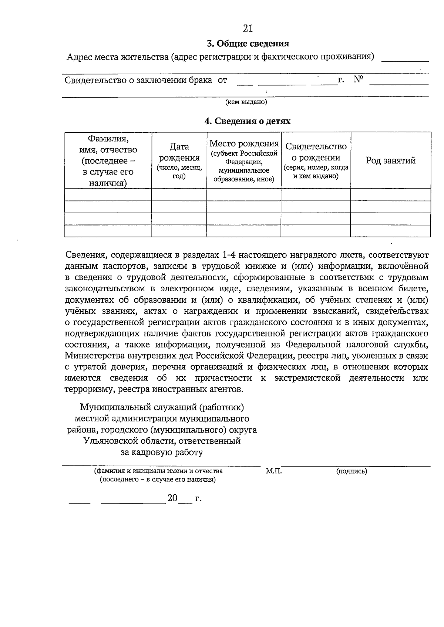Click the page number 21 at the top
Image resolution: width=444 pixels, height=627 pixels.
pos(248,28)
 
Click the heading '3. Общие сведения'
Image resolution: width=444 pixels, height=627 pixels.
pos(248,44)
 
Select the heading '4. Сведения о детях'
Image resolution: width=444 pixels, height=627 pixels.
pos(248,121)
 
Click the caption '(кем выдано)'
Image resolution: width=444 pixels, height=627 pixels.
pos(246,102)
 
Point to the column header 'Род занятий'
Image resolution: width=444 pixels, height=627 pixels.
pos(390,160)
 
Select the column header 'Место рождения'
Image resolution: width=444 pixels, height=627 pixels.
pos(244,143)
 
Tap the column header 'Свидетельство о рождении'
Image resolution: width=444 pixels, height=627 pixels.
pos(316,152)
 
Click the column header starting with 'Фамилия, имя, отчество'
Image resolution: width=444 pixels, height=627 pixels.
pos(108,160)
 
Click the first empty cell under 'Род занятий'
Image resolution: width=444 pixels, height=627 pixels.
pos(390,195)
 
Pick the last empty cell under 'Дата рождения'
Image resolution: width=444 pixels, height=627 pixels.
pos(179,231)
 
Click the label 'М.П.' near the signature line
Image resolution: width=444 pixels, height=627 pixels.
pos(274,471)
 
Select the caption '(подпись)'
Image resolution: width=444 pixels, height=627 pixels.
pos(351,471)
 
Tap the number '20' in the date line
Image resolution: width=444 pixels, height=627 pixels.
pos(172,498)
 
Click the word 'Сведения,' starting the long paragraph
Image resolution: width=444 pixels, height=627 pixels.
pos(86,255)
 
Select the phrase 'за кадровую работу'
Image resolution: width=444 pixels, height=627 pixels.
pos(162,452)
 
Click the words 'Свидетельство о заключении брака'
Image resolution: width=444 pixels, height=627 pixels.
pos(138,80)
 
